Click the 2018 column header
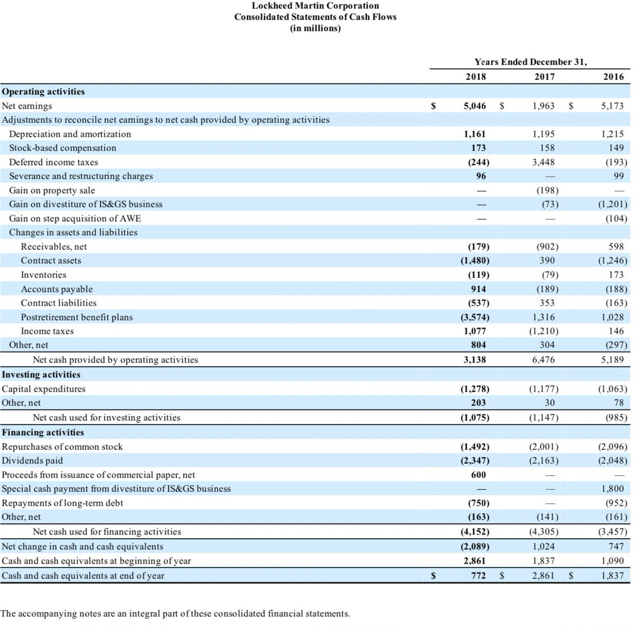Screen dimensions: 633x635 pyautogui.click(x=475, y=77)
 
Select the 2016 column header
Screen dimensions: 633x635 pyautogui.click(x=613, y=77)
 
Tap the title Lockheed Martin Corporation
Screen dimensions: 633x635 pyautogui.click(x=315, y=6)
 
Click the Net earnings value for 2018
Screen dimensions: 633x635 pyautogui.click(x=475, y=106)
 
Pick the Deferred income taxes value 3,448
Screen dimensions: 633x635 pyautogui.click(x=543, y=162)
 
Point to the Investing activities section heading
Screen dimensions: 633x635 pyautogui.click(x=41, y=374)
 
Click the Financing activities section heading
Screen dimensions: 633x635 pyautogui.click(x=43, y=432)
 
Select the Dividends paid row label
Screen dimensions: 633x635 pyautogui.click(x=32, y=460)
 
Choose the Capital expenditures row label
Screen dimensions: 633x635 pyautogui.click(x=43, y=388)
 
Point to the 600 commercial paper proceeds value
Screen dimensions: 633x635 pyautogui.click(x=478, y=475)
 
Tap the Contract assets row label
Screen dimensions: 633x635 pyautogui.click(x=51, y=260)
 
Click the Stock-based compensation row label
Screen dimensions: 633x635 pyautogui.click(x=62, y=148)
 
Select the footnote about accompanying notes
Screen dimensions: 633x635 pyautogui.click(x=175, y=614)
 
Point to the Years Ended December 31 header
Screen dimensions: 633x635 pyautogui.click(x=530, y=62)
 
